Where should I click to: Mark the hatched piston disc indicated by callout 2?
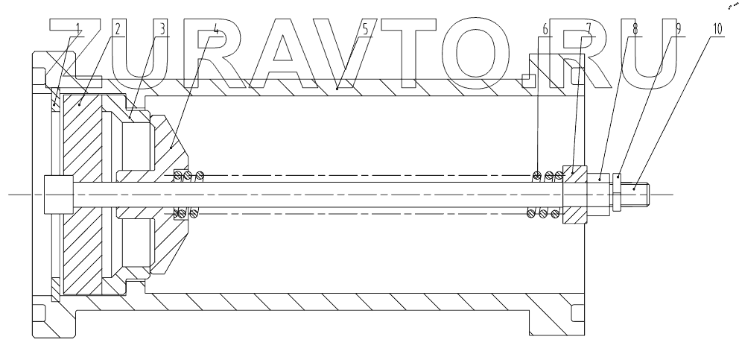[86, 224]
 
